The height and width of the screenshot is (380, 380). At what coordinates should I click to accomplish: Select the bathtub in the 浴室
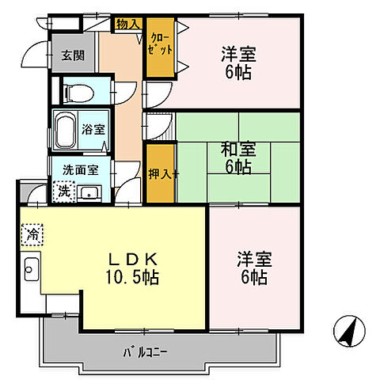[x=65, y=127]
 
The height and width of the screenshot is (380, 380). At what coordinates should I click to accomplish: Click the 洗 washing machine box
[x=62, y=191]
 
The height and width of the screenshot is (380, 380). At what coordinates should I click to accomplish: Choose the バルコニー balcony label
[x=146, y=348]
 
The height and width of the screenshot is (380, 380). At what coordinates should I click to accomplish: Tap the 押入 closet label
[x=158, y=174]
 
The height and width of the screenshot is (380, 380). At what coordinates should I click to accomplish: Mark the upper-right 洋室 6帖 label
[x=237, y=62]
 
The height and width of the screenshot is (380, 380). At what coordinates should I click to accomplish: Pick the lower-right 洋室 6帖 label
[x=253, y=268]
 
